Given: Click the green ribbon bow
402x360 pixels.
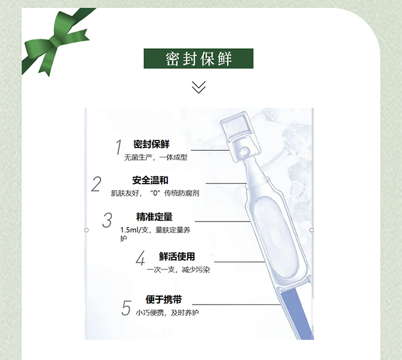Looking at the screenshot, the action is (55, 41).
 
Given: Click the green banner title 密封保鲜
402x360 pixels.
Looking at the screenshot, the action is (198, 58).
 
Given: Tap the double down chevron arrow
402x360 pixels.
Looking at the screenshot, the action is (199, 87).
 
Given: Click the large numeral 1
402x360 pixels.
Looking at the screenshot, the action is (118, 147).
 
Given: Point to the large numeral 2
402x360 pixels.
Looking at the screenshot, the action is (96, 184).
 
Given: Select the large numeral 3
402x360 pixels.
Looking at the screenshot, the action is (107, 220).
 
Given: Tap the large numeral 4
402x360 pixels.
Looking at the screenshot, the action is (140, 258).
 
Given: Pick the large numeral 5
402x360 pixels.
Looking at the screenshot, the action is (126, 307).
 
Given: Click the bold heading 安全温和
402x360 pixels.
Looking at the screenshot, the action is (150, 180).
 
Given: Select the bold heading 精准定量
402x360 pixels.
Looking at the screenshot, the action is (154, 217).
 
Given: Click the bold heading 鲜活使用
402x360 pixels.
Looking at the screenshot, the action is (177, 256).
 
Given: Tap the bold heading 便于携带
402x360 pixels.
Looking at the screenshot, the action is (164, 299).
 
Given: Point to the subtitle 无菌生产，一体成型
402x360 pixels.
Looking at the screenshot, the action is (156, 157).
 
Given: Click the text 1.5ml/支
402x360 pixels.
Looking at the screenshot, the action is (134, 230).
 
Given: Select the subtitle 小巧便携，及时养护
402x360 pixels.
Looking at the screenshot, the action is (167, 313).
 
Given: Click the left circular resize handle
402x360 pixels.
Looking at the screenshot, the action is (86, 230).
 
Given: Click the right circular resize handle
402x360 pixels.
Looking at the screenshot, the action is (311, 230).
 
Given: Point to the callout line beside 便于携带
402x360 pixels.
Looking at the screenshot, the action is (236, 305).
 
